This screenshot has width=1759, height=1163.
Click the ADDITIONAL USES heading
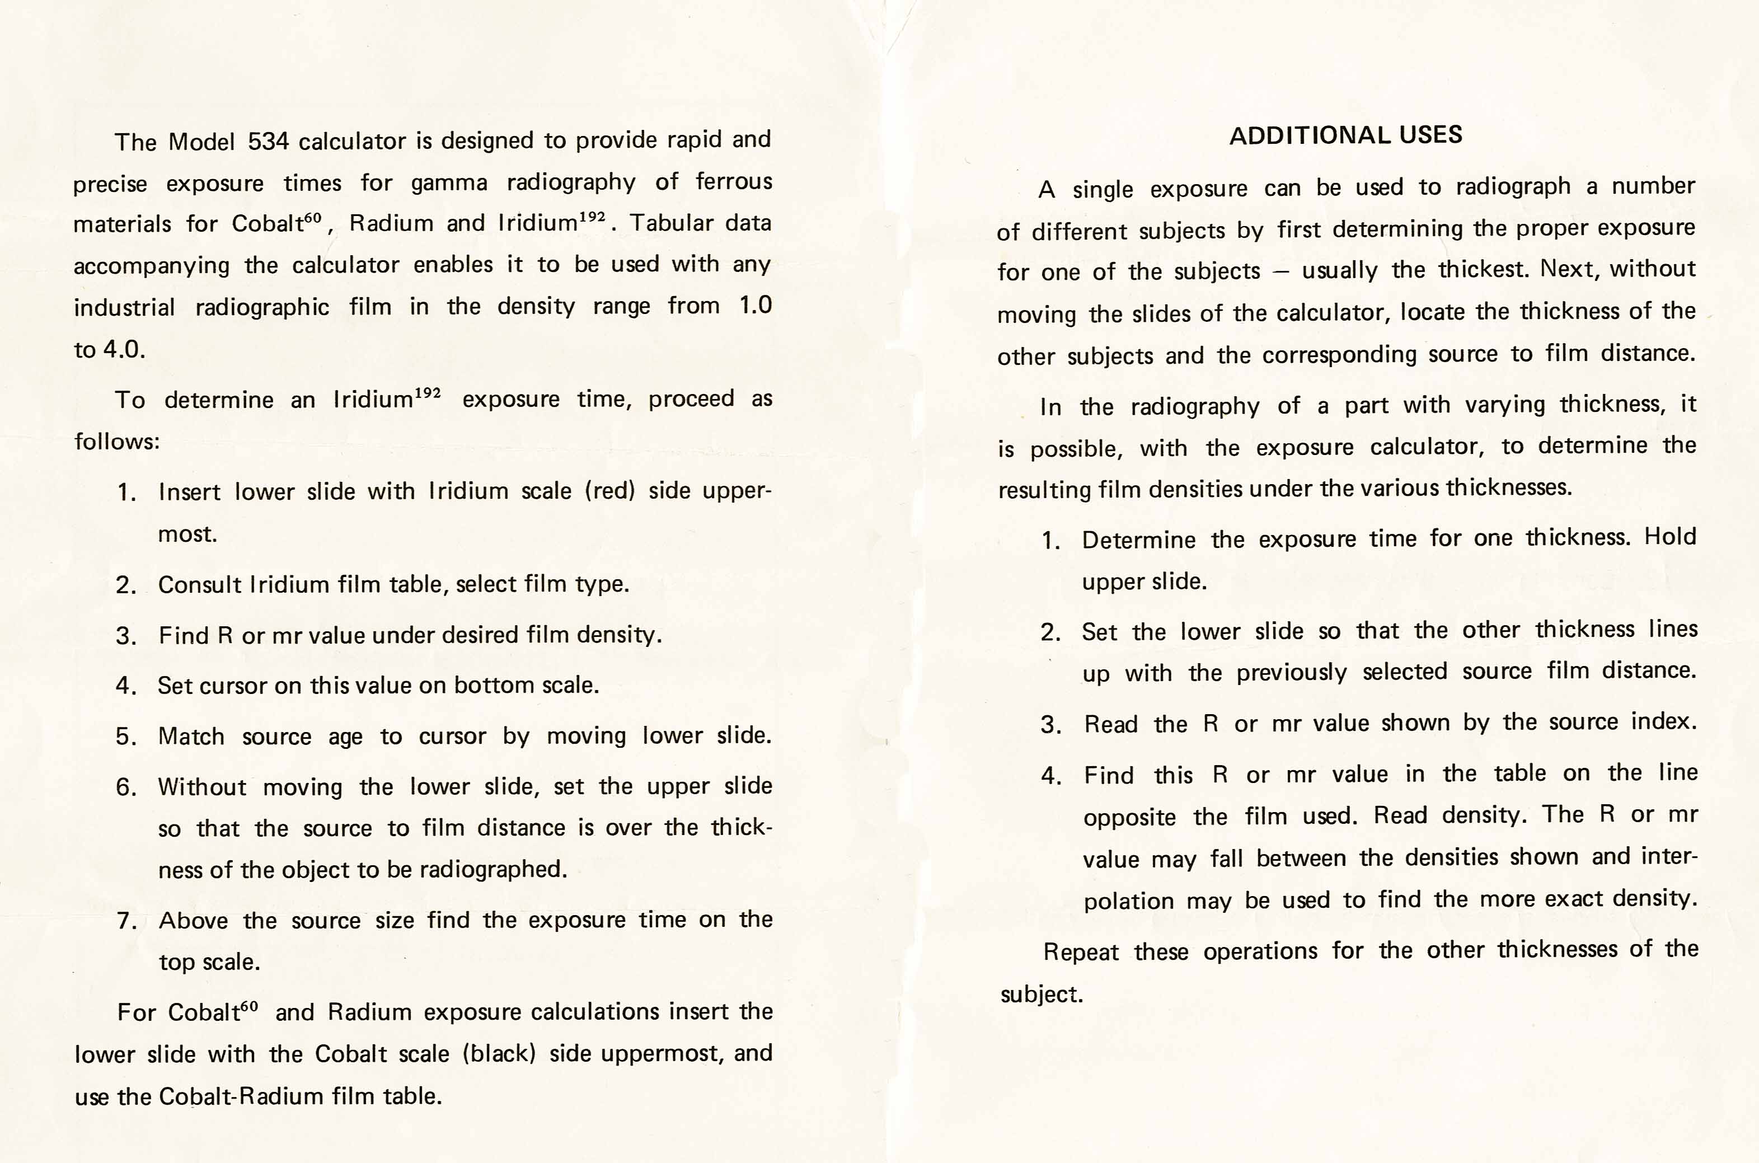coord(1345,135)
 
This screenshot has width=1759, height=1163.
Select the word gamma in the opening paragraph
coord(449,182)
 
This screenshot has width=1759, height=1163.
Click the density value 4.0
coord(123,349)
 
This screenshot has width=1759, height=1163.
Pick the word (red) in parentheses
coord(609,490)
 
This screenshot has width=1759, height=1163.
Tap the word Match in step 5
coord(191,737)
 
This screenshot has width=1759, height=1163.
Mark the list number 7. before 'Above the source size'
coord(126,921)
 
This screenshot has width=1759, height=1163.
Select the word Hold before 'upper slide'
coord(1670,536)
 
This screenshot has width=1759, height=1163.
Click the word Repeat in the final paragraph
coord(1081,951)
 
